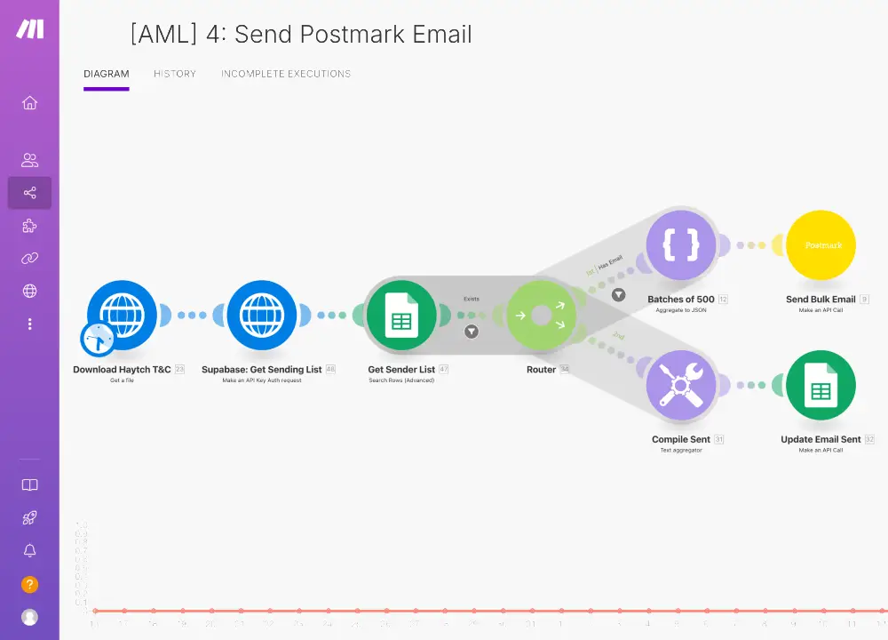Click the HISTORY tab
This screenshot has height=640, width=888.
click(x=175, y=74)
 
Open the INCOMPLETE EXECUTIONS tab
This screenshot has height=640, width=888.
click(x=286, y=74)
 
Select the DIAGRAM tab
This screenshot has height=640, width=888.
click(x=107, y=74)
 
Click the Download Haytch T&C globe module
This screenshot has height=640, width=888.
click(x=122, y=315)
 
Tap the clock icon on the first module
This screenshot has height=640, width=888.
click(x=98, y=340)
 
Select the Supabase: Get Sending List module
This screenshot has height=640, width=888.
click(x=261, y=315)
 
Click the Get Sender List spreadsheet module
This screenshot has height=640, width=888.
click(x=400, y=315)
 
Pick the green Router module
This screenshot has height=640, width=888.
click(x=541, y=315)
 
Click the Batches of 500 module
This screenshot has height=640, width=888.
click(x=681, y=245)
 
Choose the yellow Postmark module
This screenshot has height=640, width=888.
click(x=821, y=245)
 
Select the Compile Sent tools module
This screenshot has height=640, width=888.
click(x=681, y=386)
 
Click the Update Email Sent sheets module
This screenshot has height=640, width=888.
click(x=821, y=386)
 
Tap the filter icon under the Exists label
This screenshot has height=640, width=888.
click(x=472, y=332)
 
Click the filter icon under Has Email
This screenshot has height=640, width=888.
click(x=618, y=294)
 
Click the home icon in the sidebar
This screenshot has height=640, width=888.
click(x=29, y=103)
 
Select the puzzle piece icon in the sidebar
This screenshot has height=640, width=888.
click(x=29, y=226)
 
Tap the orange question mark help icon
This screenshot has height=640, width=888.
click(x=29, y=585)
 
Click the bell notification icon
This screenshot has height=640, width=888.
click(x=29, y=551)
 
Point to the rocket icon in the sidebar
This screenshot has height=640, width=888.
click(x=29, y=518)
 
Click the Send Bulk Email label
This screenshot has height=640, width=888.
click(x=821, y=300)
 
